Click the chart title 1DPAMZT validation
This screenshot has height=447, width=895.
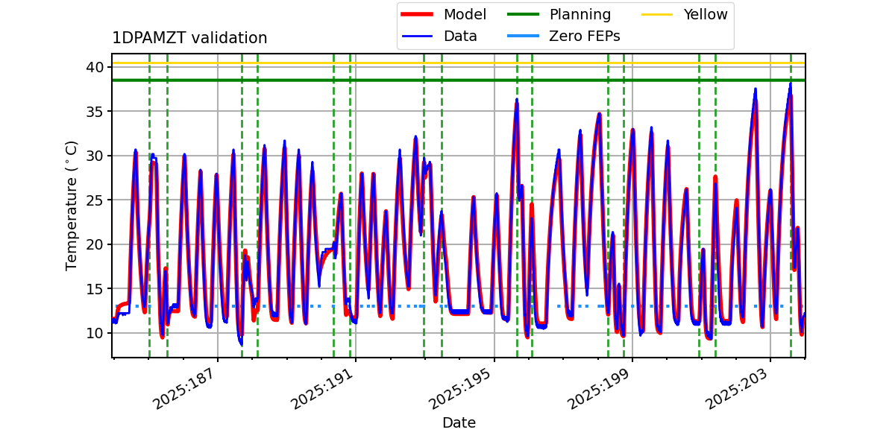[189, 38]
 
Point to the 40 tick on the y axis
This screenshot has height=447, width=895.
[95, 68]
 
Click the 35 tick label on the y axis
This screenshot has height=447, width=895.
[95, 112]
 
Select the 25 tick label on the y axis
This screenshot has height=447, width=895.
[95, 200]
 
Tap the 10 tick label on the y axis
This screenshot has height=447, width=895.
[95, 333]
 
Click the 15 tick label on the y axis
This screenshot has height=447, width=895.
[95, 289]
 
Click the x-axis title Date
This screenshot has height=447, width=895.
[459, 423]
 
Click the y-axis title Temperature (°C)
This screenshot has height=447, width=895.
[72, 205]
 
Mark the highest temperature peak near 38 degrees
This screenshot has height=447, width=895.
[790, 84]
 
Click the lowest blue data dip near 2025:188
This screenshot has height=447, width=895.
[241, 343]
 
